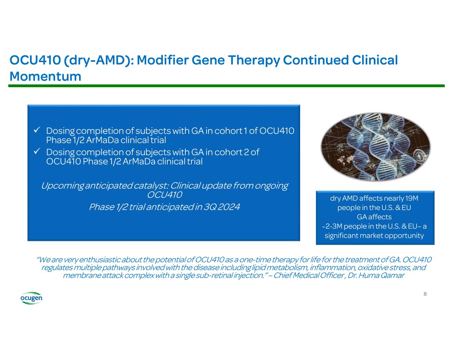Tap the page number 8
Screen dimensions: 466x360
425,294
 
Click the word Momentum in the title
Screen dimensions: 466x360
45,76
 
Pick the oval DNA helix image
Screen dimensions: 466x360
375,147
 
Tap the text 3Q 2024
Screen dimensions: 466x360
222,207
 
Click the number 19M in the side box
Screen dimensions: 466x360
412,199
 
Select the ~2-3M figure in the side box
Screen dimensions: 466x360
332,226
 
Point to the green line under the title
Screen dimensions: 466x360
226,86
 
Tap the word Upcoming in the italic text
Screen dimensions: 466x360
62,186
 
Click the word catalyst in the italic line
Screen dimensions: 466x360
151,186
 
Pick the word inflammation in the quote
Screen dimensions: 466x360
333,268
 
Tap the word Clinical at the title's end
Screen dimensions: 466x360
375,60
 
